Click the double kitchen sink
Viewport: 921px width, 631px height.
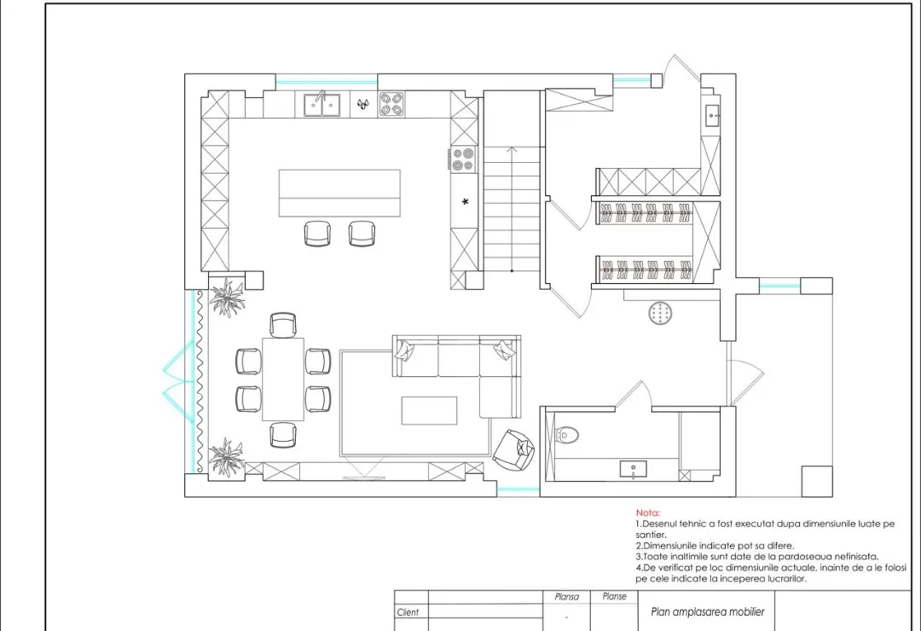321,105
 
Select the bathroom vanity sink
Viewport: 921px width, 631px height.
633,469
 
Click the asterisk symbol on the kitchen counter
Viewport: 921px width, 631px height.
466,202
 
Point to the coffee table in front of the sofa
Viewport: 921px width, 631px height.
429,410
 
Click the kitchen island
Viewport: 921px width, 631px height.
339,193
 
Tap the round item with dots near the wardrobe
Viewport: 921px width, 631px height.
661,313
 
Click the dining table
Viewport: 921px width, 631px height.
283,379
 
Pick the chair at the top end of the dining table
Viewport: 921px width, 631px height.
283,325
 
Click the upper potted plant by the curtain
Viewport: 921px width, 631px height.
228,298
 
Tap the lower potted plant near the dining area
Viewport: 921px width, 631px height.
227,456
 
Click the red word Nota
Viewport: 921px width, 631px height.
648,513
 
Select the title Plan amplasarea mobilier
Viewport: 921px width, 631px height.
708,611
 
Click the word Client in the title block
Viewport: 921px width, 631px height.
408,612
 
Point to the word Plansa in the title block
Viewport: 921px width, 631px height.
567,597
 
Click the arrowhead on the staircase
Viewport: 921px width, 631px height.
512,150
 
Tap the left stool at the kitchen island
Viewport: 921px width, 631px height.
317,234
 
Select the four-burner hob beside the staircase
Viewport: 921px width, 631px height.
463,159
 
